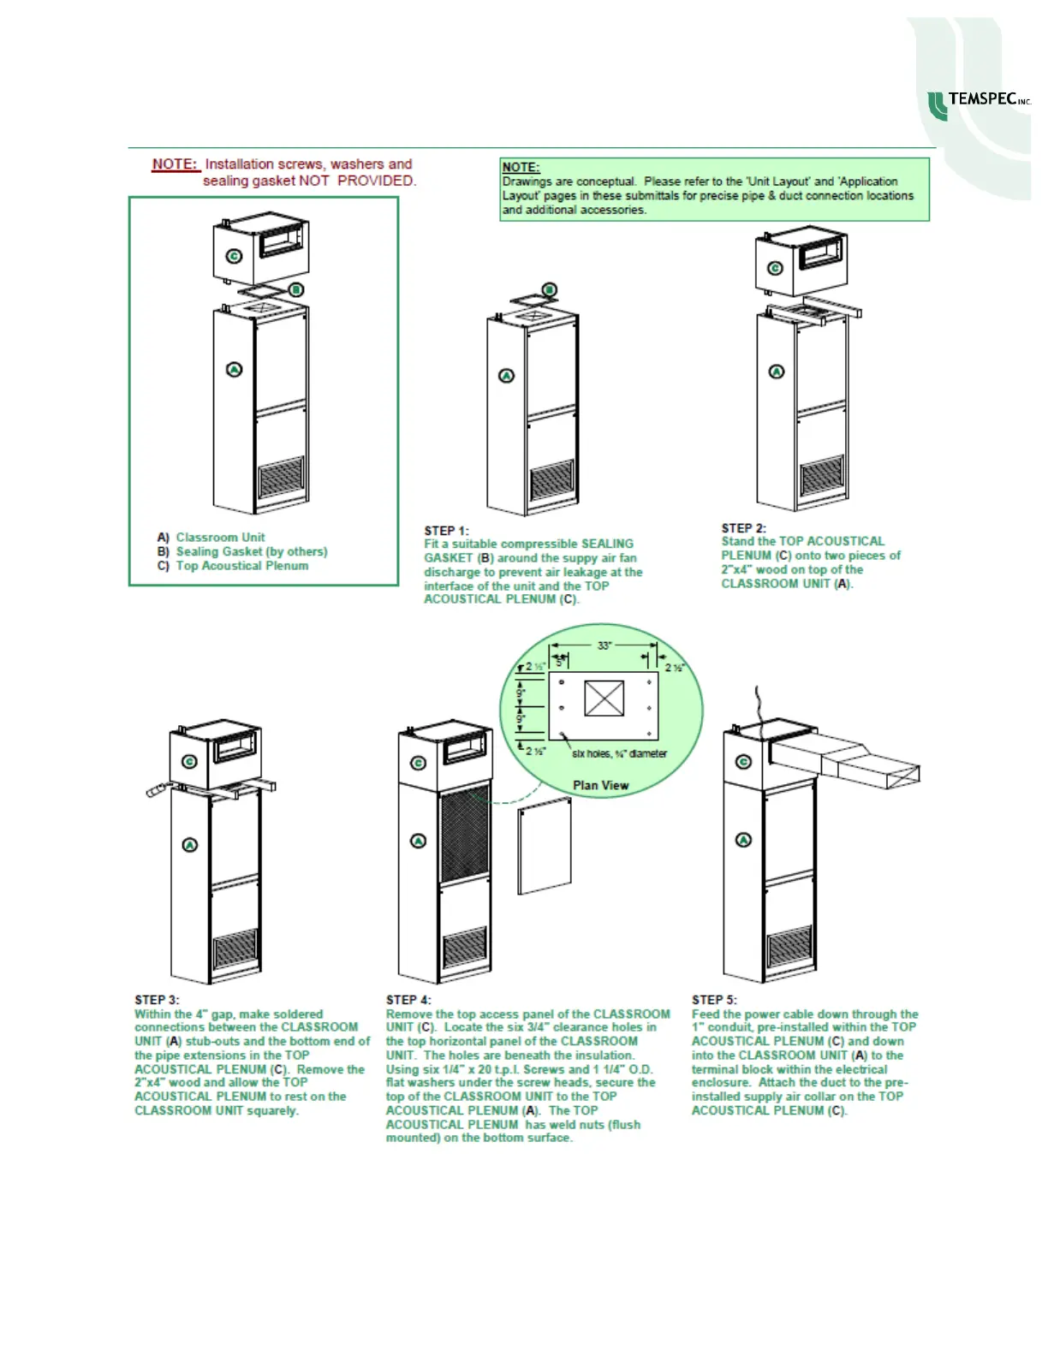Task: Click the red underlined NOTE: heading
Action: click(x=175, y=164)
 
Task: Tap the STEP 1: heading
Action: click(x=446, y=531)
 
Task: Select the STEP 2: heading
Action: click(x=743, y=528)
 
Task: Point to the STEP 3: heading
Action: click(x=157, y=999)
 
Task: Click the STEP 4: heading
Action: click(x=408, y=999)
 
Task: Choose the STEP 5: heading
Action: click(x=714, y=999)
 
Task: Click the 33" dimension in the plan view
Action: click(x=604, y=645)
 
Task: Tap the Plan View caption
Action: click(x=600, y=785)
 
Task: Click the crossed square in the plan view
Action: click(x=604, y=699)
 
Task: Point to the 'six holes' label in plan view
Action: click(x=619, y=753)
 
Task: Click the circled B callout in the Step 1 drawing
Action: click(x=550, y=290)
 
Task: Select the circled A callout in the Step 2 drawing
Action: click(x=777, y=372)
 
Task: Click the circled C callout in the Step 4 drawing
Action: click(x=419, y=763)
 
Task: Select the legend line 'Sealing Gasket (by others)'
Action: click(x=251, y=551)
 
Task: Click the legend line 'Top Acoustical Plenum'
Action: click(x=241, y=565)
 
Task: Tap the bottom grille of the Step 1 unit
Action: click(x=552, y=482)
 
